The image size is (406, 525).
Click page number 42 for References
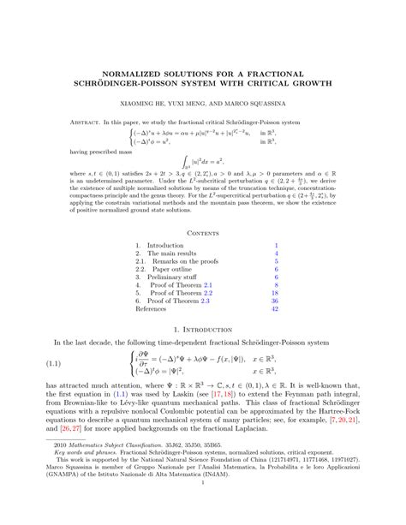pos(274,309)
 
